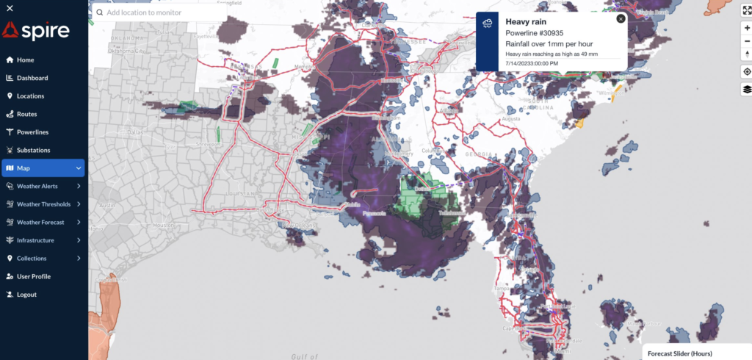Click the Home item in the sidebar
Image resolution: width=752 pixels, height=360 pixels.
(x=25, y=60)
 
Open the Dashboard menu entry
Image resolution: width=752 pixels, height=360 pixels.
(x=32, y=78)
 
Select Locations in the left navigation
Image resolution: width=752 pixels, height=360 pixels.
(x=30, y=96)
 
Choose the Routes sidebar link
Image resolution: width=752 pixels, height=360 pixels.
(x=26, y=114)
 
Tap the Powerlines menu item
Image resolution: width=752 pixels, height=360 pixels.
(x=32, y=132)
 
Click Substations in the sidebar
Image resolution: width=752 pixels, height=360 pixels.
(x=33, y=150)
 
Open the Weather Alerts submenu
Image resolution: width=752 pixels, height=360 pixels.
(x=37, y=186)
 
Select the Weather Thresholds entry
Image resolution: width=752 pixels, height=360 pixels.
(x=43, y=204)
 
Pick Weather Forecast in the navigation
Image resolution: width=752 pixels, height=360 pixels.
(x=40, y=222)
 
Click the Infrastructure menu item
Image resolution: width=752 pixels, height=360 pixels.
(x=35, y=240)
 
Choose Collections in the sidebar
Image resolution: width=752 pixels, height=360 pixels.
(x=32, y=259)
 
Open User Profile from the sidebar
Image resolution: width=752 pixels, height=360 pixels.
(x=34, y=276)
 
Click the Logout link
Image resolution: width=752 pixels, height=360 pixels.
(x=26, y=295)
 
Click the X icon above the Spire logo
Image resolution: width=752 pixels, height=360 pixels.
(x=9, y=7)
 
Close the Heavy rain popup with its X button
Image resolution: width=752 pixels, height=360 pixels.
(x=621, y=19)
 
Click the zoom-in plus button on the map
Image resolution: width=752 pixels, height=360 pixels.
(x=747, y=27)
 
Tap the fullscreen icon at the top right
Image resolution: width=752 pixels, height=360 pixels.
(x=747, y=10)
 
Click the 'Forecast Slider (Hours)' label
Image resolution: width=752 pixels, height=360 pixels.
(x=679, y=353)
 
